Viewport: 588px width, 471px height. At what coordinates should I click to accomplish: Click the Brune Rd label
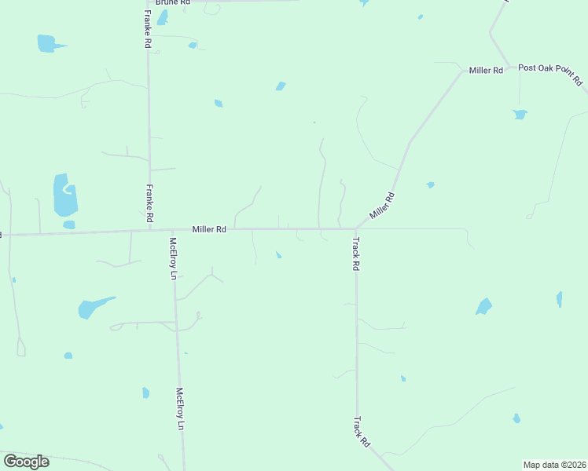tap(173, 3)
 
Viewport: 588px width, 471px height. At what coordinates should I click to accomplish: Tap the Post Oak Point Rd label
tap(550, 74)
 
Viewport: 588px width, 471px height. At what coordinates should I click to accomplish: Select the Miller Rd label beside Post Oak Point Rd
tap(486, 71)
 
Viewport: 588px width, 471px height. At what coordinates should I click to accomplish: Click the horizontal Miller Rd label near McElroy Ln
tap(209, 229)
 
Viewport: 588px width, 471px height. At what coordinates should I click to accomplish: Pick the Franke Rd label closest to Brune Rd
tap(147, 30)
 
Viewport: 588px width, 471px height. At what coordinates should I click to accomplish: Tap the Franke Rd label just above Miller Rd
tap(149, 203)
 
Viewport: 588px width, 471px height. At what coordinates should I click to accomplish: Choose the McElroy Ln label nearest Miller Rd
tap(173, 258)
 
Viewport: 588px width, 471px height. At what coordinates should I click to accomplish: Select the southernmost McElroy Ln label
tap(180, 409)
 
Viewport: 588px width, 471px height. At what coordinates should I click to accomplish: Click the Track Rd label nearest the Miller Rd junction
tap(355, 254)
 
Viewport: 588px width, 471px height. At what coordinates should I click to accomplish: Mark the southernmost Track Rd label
tap(362, 432)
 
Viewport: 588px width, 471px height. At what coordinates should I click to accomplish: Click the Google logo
tap(26, 462)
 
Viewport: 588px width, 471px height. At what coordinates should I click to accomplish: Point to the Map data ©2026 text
tap(554, 465)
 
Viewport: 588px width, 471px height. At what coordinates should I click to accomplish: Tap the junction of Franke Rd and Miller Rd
tap(149, 231)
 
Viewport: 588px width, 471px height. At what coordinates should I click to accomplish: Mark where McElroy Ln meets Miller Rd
tap(171, 231)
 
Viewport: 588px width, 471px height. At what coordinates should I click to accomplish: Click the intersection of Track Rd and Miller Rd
tap(355, 229)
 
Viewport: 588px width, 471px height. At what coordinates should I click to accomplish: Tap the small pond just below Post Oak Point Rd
tap(520, 115)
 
